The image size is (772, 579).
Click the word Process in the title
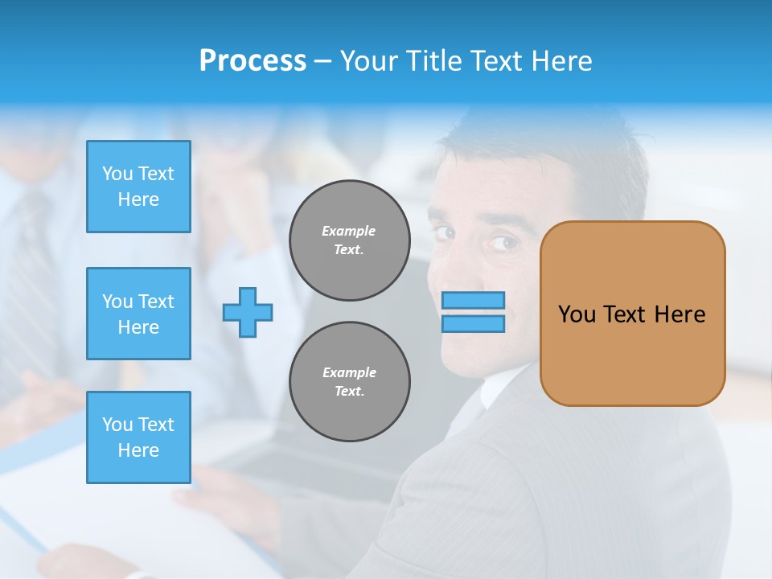[x=253, y=61]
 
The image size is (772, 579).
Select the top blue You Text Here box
[x=138, y=187]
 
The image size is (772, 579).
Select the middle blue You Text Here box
[x=138, y=314]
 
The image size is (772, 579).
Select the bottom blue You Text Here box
[x=138, y=437]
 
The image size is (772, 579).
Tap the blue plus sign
[x=248, y=312]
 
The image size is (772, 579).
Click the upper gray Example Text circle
[x=350, y=240]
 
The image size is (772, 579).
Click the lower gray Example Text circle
[x=350, y=382]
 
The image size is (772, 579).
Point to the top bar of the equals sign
[x=473, y=300]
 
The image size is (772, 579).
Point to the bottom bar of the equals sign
[x=473, y=323]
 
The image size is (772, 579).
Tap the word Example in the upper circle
[x=348, y=231]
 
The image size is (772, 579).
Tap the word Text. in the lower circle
[x=349, y=392]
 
